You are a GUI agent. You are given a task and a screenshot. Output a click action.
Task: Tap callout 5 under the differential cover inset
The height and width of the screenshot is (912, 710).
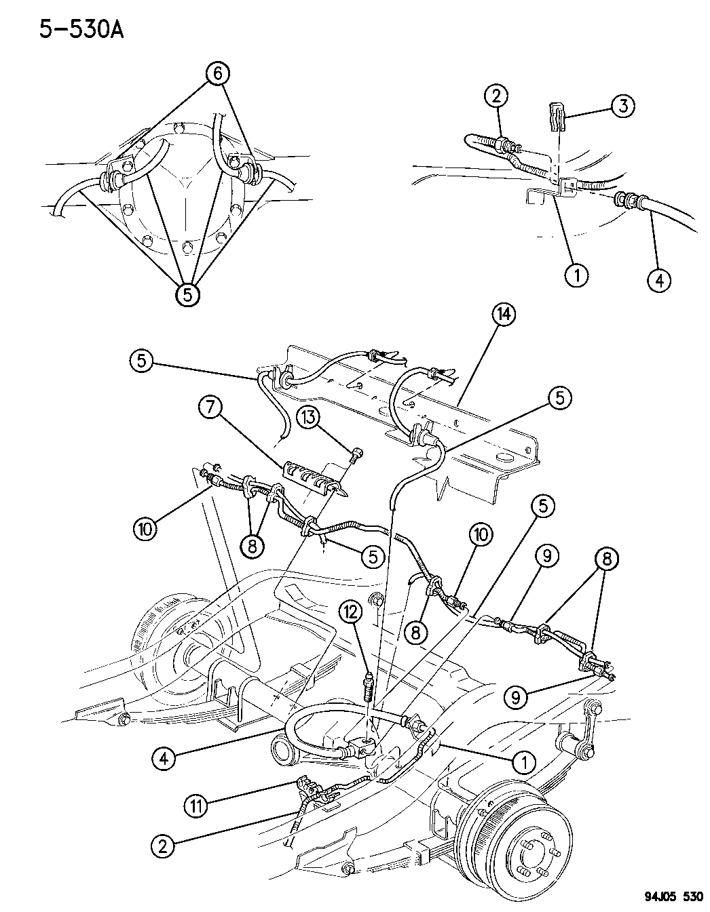pyautogui.click(x=189, y=294)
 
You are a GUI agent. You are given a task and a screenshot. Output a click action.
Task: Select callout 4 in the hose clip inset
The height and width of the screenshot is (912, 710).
pyautogui.click(x=659, y=279)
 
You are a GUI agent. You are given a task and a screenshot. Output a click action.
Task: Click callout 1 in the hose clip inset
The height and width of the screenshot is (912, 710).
pyautogui.click(x=578, y=275)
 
